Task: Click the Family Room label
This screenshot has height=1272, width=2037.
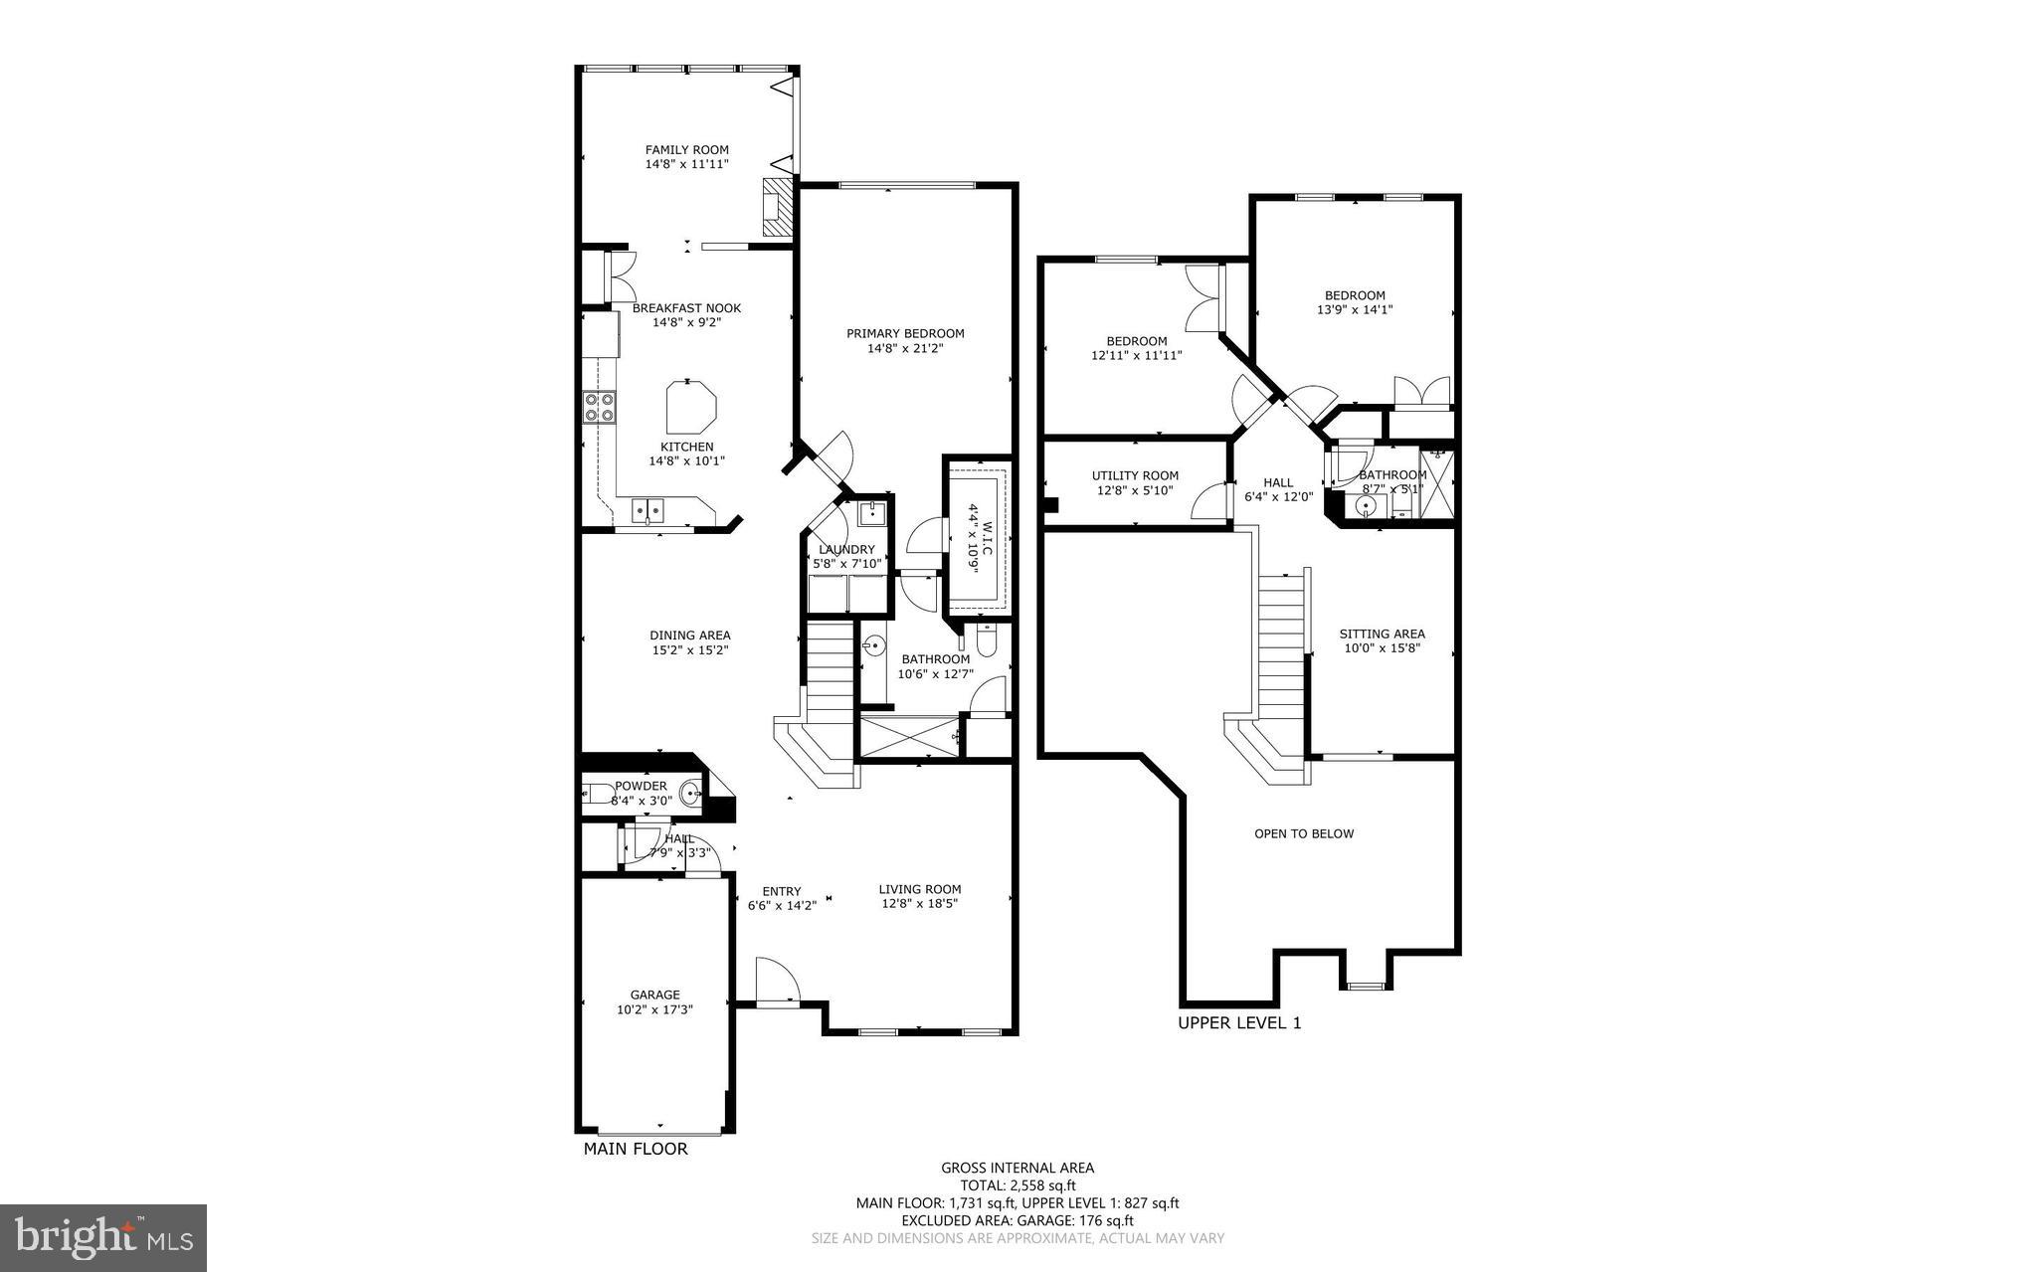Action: (x=686, y=150)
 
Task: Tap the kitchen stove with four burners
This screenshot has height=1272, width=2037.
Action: (x=599, y=407)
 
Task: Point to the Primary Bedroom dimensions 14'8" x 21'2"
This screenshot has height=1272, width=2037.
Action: (x=905, y=348)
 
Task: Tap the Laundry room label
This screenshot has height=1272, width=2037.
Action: (x=846, y=550)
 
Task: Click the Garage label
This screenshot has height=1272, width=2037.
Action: (x=654, y=995)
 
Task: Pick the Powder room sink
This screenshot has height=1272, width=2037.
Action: (x=689, y=794)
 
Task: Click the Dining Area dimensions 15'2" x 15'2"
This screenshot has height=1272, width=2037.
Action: (x=689, y=650)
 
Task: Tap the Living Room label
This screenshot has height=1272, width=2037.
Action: (x=920, y=889)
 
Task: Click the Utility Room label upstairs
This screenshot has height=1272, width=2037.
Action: (x=1135, y=475)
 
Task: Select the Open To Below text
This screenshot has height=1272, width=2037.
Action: (x=1304, y=833)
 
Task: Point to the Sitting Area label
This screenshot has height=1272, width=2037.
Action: (x=1382, y=634)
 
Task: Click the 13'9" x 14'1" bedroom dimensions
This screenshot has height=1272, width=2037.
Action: (x=1354, y=309)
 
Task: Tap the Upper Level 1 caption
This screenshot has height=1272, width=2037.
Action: (x=1239, y=1022)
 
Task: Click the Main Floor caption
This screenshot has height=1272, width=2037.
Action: (x=635, y=1149)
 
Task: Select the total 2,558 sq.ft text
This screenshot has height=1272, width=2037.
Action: (x=1018, y=1185)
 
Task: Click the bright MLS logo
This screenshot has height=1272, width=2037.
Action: (x=103, y=1237)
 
